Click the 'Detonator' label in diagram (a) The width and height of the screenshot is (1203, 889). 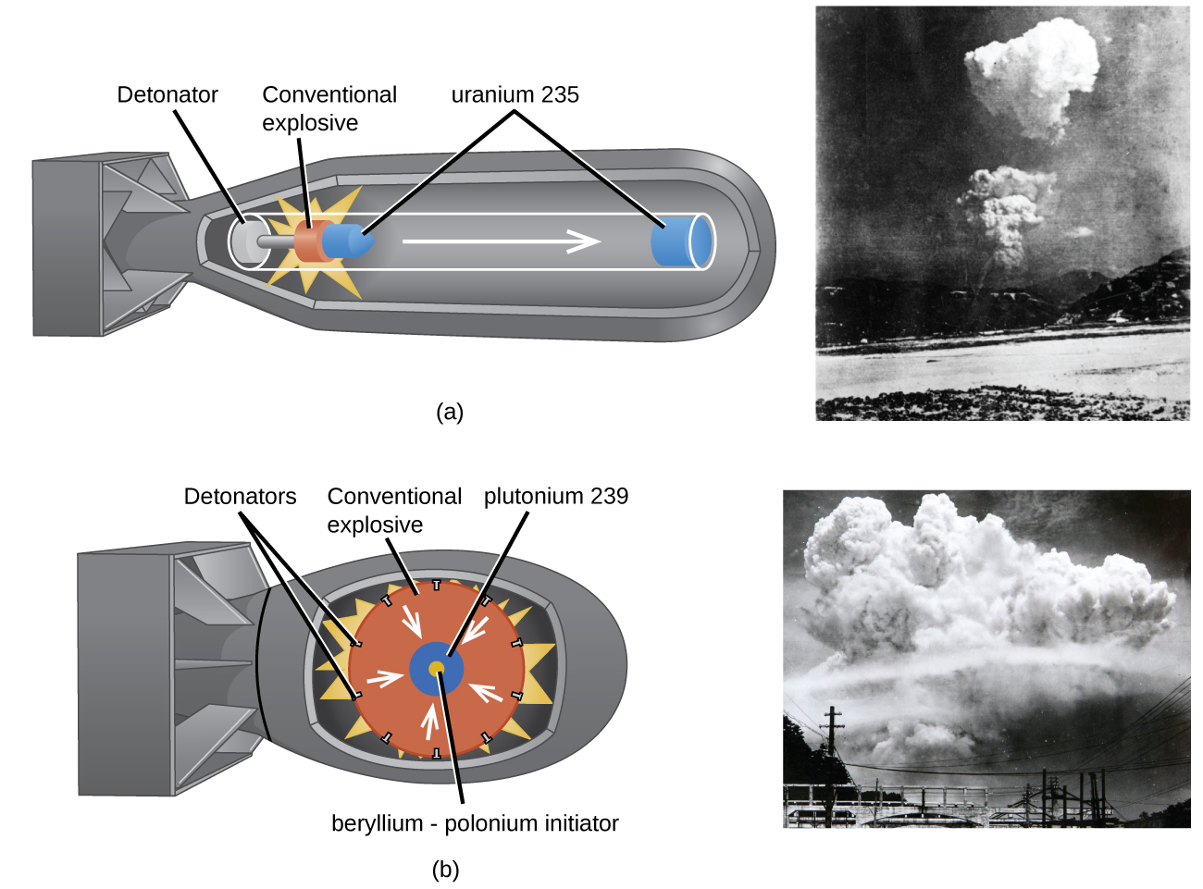pos(167,94)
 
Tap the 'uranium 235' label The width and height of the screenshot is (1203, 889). pos(515,94)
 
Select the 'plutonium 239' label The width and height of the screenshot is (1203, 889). pos(555,497)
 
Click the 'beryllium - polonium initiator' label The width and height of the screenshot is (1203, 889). pos(475,823)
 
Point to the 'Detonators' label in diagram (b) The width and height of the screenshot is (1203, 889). pos(240,497)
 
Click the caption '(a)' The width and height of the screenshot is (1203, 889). pos(450,412)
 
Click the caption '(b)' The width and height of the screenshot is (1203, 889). pos(445,870)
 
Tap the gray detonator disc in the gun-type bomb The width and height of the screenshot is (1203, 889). pos(246,242)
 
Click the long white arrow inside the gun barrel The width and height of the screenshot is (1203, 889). pos(501,242)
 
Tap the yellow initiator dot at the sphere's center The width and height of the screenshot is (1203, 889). pos(437,668)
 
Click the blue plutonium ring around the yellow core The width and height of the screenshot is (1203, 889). pos(422,680)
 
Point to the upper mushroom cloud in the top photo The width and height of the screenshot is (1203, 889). pos(1032,69)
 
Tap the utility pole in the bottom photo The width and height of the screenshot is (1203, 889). pos(833,740)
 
